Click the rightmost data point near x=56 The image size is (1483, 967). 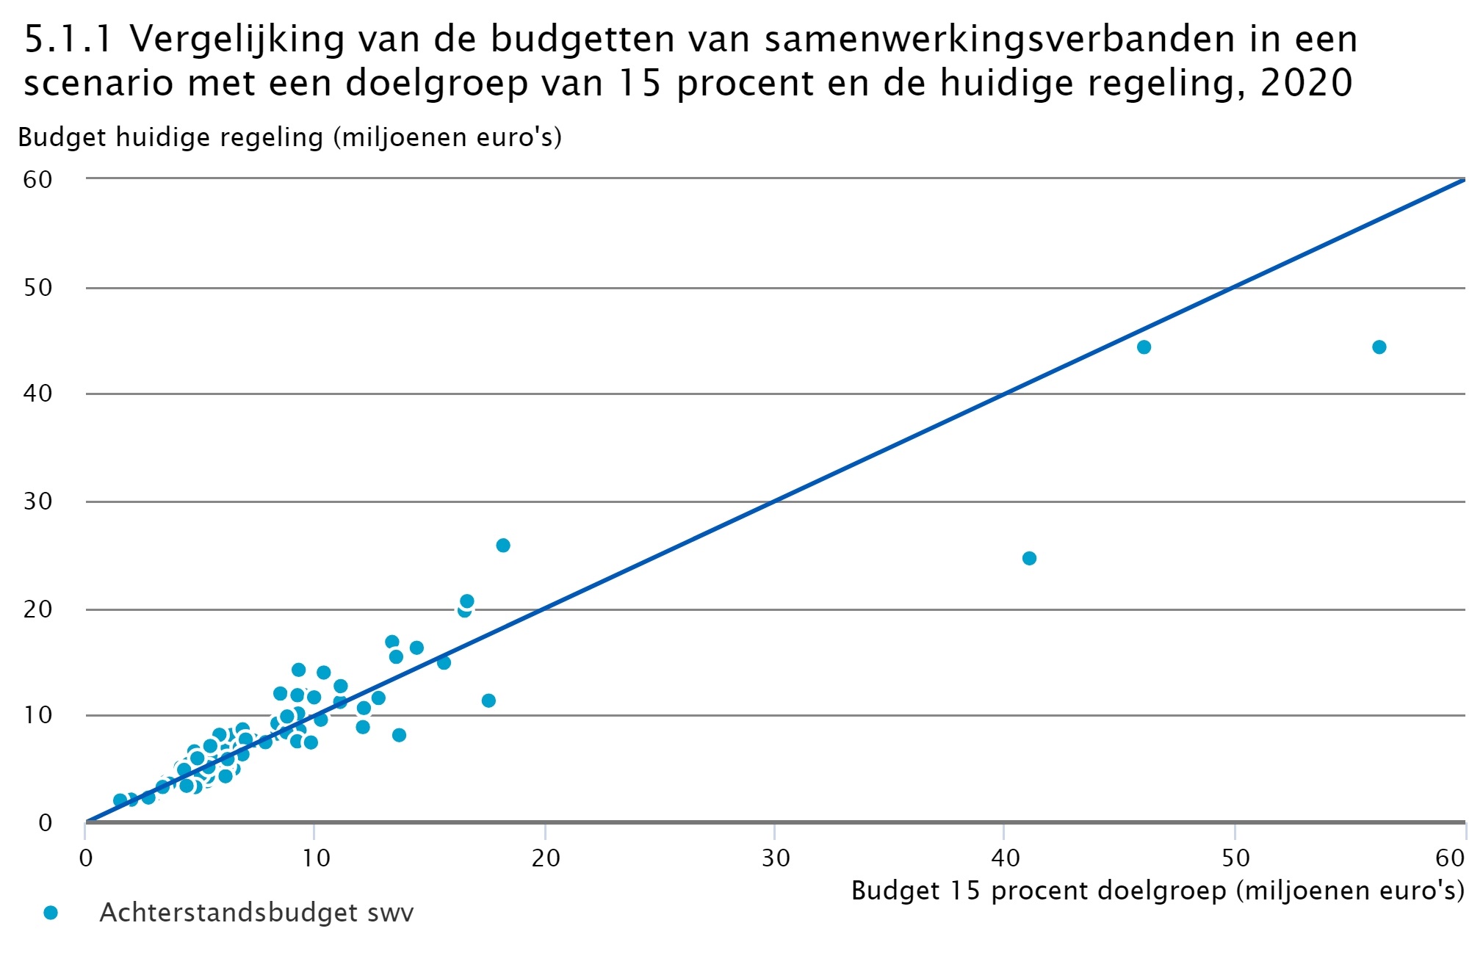pyautogui.click(x=1379, y=347)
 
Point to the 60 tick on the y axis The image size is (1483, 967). pyautogui.click(x=37, y=179)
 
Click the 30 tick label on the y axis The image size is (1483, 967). pyautogui.click(x=37, y=501)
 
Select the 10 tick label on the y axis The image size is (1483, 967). pyautogui.click(x=37, y=715)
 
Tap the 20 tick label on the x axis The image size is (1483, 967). pyautogui.click(x=545, y=858)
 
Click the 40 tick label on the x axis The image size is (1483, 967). pyautogui.click(x=1005, y=858)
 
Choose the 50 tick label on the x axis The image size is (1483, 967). pyautogui.click(x=1235, y=858)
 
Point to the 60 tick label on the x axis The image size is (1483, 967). pyautogui.click(x=1450, y=858)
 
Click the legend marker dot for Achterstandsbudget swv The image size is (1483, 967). pyautogui.click(x=51, y=913)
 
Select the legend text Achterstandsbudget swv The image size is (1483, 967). pyautogui.click(x=256, y=913)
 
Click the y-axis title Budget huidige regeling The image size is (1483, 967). pyautogui.click(x=289, y=137)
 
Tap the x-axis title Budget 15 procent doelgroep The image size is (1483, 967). pyautogui.click(x=1158, y=891)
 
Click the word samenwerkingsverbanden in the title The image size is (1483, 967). pyautogui.click(x=1000, y=39)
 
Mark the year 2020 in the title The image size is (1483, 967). pyautogui.click(x=1306, y=82)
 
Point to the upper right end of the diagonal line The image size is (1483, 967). pyautogui.click(x=1463, y=180)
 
